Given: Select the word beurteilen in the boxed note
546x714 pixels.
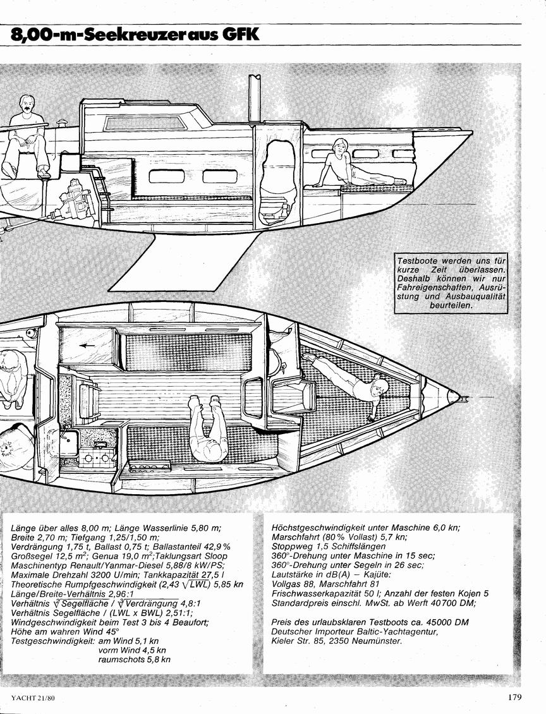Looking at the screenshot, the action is click(451, 306).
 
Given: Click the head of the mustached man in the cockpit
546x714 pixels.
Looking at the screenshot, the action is click(28, 105).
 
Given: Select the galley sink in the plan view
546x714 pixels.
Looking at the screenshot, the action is click(70, 439).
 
